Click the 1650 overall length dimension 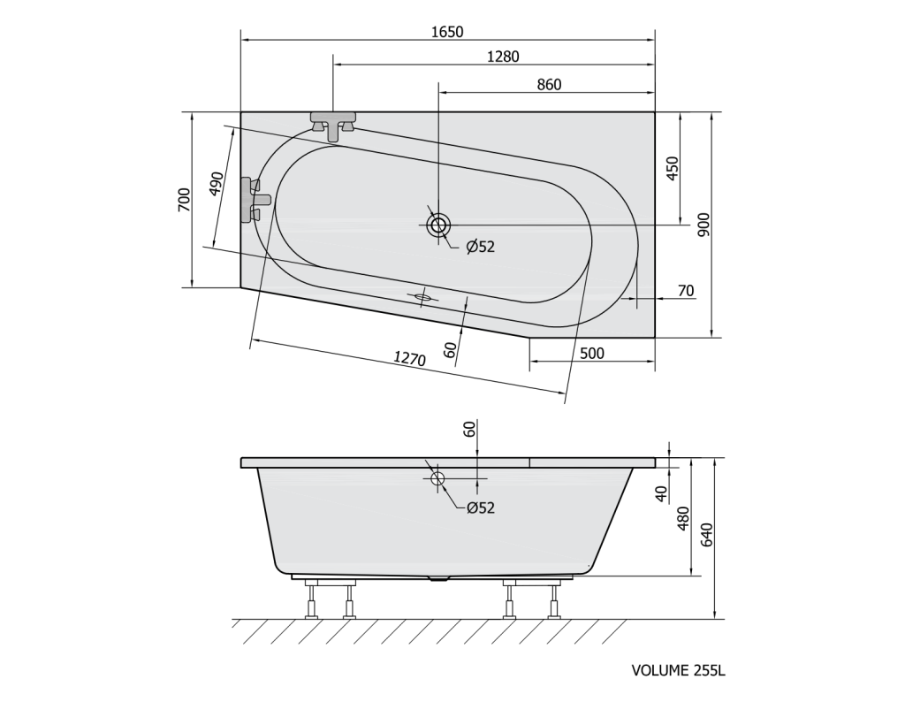click(x=447, y=31)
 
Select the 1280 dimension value click(x=503, y=57)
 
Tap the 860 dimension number click(x=549, y=84)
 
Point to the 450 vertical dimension click(x=673, y=168)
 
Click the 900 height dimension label click(x=703, y=225)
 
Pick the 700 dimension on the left click(x=184, y=200)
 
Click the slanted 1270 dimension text click(x=410, y=359)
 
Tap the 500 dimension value click(x=592, y=353)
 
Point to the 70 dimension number click(x=686, y=291)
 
